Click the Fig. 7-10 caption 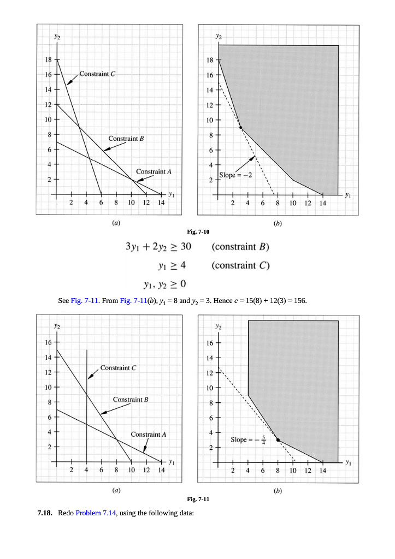pyautogui.click(x=197, y=232)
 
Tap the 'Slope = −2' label pyautogui.click(x=235, y=175)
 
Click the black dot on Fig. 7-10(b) pyautogui.click(x=240, y=128)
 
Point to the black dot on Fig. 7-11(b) pyautogui.click(x=278, y=439)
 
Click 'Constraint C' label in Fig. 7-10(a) pyautogui.click(x=97, y=73)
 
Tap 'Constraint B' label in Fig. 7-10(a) pyautogui.click(x=126, y=139)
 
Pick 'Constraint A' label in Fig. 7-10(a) pyautogui.click(x=154, y=171)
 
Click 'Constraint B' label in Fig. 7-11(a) pyautogui.click(x=131, y=400)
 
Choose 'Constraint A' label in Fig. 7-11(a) pyautogui.click(x=149, y=435)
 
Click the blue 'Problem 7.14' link pyautogui.click(x=96, y=514)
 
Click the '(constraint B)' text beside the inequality pyautogui.click(x=240, y=246)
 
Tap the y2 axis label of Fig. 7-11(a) pyautogui.click(x=57, y=326)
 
